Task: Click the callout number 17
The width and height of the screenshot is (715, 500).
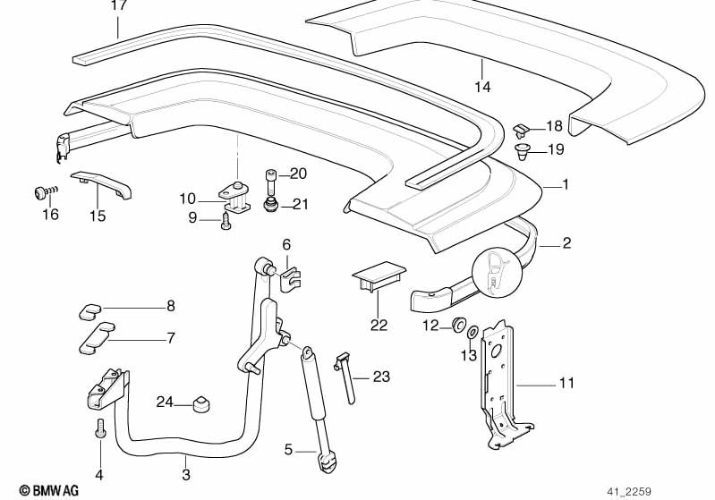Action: pos(119,5)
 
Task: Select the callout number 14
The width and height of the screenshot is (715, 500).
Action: pos(482,87)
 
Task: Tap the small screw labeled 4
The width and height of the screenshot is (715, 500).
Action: pos(99,431)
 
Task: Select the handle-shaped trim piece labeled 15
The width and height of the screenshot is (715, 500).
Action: pos(102,185)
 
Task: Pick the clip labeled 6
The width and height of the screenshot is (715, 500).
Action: pos(288,275)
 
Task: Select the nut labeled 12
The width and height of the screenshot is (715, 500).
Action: pos(456,324)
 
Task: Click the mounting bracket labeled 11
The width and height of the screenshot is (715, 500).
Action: pos(498,385)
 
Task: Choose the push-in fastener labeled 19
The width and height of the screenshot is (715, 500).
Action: pos(523,150)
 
